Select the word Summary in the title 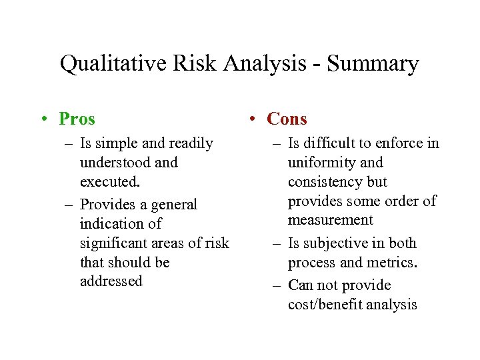[377, 64]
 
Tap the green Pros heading [77, 119]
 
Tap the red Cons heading [287, 119]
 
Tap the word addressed [111, 281]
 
